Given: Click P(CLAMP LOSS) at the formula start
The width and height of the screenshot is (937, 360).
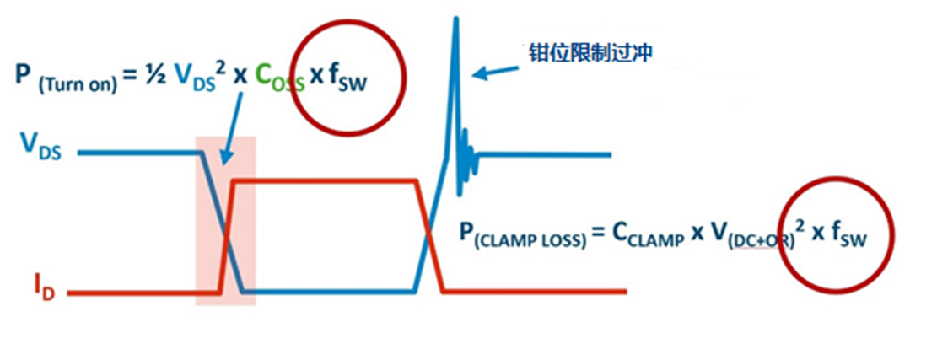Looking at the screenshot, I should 523,234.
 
